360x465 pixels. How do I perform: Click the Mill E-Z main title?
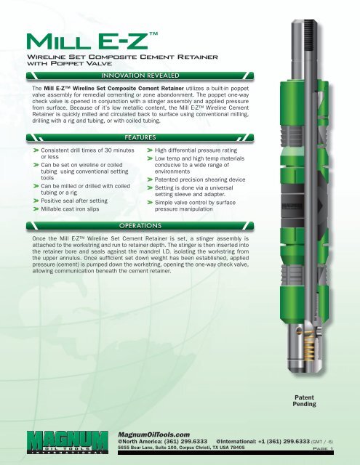pyautogui.click(x=92, y=41)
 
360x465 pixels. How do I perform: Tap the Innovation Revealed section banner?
pyautogui.click(x=140, y=76)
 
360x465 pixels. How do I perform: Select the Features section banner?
pyautogui.click(x=140, y=137)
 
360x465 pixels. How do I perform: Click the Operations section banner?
pyautogui.click(x=140, y=226)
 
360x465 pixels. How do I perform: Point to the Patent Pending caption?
pyautogui.click(x=304, y=400)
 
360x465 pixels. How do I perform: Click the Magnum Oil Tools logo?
pyautogui.click(x=67, y=442)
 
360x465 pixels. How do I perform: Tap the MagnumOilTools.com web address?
pyautogui.click(x=153, y=434)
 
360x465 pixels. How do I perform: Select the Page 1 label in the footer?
pyautogui.click(x=323, y=448)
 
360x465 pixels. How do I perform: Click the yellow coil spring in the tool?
pyautogui.click(x=309, y=344)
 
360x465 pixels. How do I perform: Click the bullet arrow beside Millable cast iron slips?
pyautogui.click(x=36, y=209)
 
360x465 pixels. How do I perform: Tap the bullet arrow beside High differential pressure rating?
pyautogui.click(x=150, y=150)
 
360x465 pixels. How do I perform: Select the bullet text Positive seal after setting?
pyautogui.click(x=74, y=201)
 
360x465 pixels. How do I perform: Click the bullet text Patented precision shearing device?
pyautogui.click(x=200, y=179)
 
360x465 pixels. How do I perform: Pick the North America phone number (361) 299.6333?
pyautogui.click(x=185, y=441)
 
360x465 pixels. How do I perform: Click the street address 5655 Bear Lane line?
pyautogui.click(x=181, y=448)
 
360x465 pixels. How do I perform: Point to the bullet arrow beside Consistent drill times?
pyautogui.click(x=36, y=150)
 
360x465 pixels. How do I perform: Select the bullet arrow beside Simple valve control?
pyautogui.click(x=150, y=203)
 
